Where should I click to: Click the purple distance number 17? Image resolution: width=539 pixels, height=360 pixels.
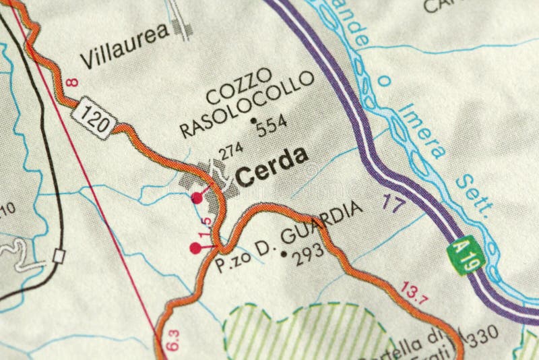tap(392, 201)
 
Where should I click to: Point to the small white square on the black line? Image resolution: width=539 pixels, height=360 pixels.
tap(59, 256)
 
